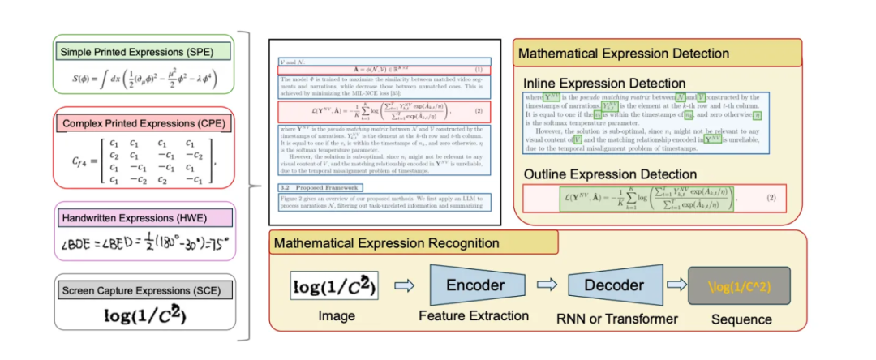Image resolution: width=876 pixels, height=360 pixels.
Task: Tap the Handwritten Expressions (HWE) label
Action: [143, 217]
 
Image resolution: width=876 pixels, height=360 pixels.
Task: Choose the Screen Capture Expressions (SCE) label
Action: [144, 289]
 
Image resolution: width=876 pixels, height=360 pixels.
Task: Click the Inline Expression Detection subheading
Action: [605, 84]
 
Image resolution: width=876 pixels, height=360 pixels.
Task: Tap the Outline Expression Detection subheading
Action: [610, 174]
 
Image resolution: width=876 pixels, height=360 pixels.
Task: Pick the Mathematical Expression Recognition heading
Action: [386, 243]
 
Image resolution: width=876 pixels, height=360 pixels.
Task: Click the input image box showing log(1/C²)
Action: [333, 285]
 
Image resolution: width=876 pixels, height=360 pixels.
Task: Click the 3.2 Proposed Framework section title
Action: [311, 186]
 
